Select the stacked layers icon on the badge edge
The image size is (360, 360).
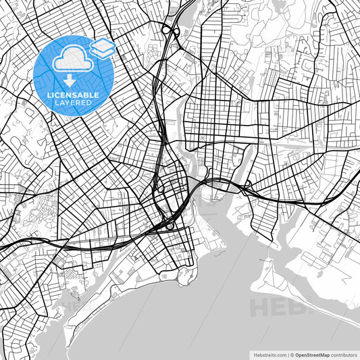coord(103,47)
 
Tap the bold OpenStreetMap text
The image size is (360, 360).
coord(312,354)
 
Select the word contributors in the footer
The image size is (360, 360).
coord(343,354)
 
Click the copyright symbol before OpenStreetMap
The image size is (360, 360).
coord(291,354)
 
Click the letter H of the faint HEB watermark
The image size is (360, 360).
coord(260,307)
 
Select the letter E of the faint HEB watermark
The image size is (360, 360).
coord(278,307)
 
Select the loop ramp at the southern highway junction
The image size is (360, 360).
coord(170,226)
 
